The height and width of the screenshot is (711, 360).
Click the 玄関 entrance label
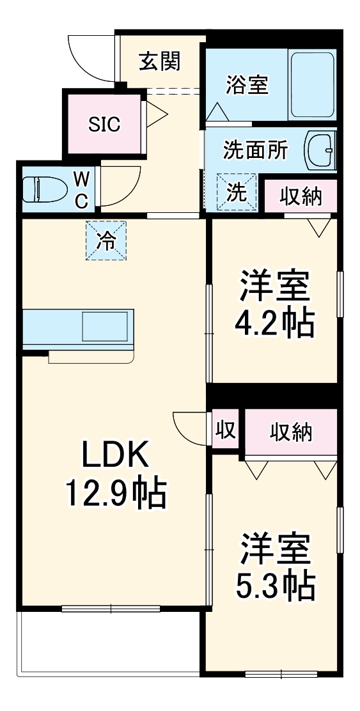160,61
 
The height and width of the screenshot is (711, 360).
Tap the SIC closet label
104,123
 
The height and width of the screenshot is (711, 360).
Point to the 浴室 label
247,85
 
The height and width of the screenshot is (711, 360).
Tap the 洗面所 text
255,150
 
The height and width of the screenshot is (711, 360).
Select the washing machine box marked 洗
237,192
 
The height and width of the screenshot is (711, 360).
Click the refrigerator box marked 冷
106,240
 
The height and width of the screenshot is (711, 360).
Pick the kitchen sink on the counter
108,327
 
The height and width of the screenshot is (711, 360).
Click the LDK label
114,456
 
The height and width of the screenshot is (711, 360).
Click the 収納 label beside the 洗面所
300,196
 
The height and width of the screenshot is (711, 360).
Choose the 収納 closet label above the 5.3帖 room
291,432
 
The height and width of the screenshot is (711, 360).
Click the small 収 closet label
225,429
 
